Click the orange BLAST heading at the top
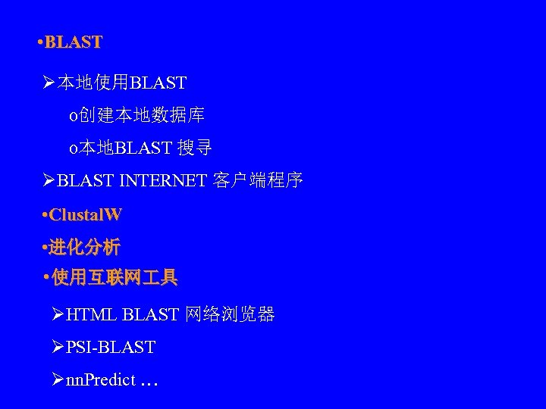pyautogui.click(x=73, y=42)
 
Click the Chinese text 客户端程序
pyautogui.click(x=258, y=181)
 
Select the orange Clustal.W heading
pyautogui.click(x=84, y=215)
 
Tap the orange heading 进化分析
pyautogui.click(x=85, y=248)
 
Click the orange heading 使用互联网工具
pyautogui.click(x=114, y=279)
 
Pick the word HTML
pyautogui.click(x=92, y=314)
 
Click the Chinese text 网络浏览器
pyautogui.click(x=230, y=314)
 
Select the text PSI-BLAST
pyautogui.click(x=111, y=348)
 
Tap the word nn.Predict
pyautogui.click(x=101, y=380)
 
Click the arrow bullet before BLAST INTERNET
pyautogui.click(x=49, y=181)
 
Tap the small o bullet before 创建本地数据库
pyautogui.click(x=72, y=117)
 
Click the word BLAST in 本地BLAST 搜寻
pyautogui.click(x=143, y=148)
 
